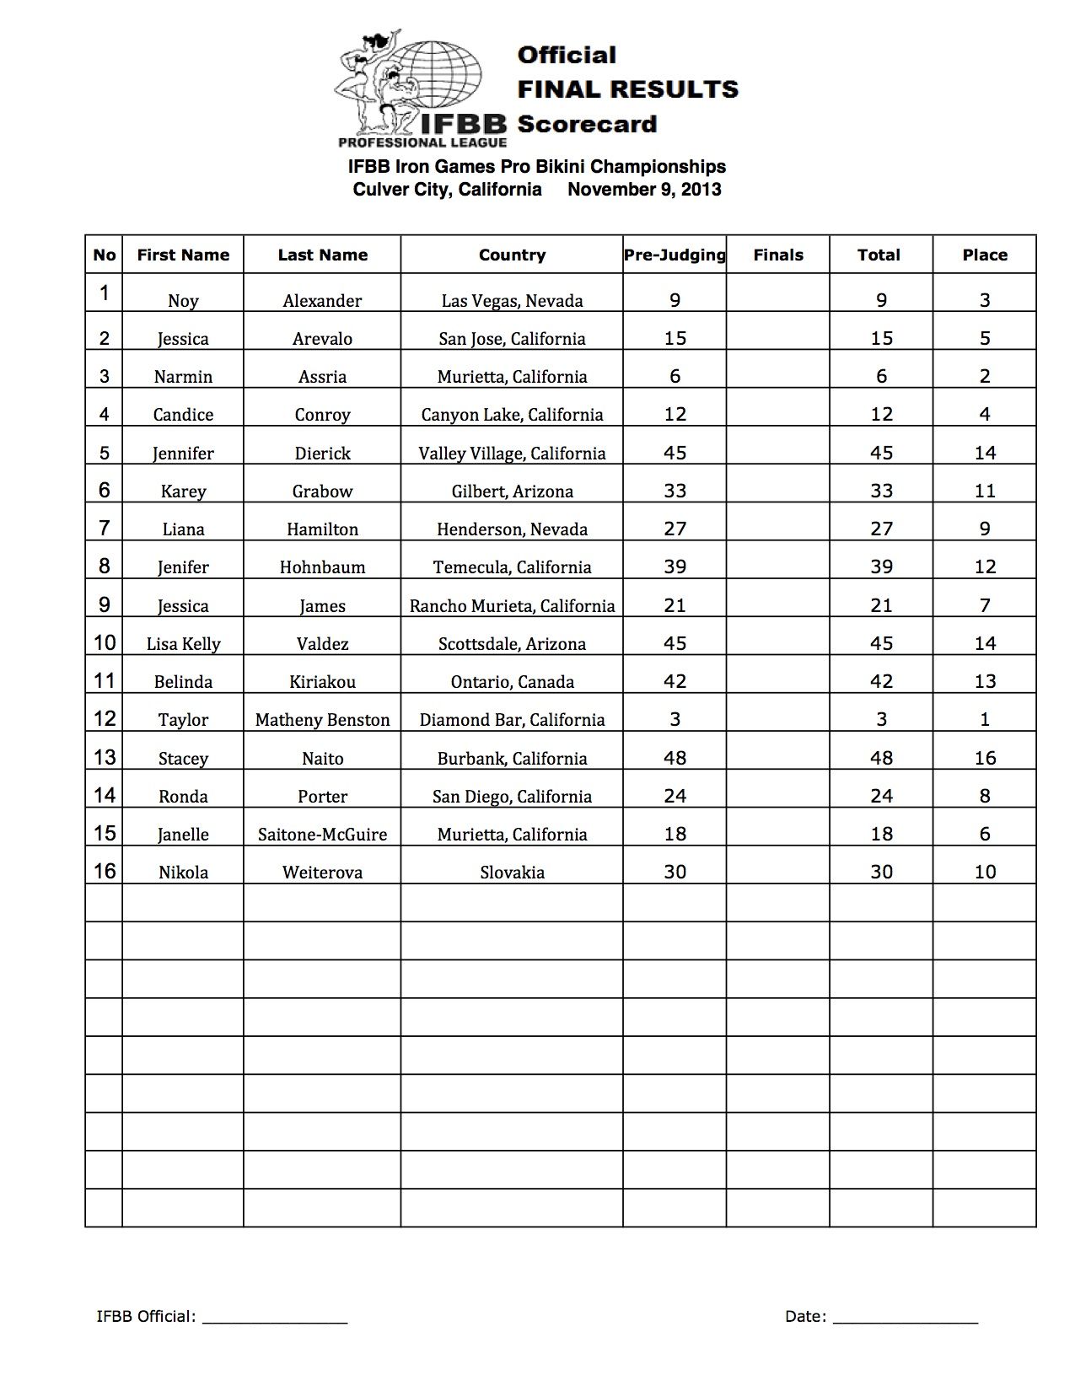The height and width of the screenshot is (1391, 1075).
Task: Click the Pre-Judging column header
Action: pyautogui.click(x=675, y=255)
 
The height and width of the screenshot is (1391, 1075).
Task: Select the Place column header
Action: pyautogui.click(x=985, y=255)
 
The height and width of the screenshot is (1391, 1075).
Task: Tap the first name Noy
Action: pyautogui.click(x=183, y=301)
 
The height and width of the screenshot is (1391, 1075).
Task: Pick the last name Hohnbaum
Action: pyautogui.click(x=322, y=567)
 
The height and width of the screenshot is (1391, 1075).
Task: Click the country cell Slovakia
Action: pyautogui.click(x=512, y=873)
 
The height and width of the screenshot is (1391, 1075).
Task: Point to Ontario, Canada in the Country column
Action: pyautogui.click(x=512, y=682)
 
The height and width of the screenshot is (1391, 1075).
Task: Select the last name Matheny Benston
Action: pyautogui.click(x=322, y=720)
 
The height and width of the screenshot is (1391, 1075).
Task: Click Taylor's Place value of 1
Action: pyautogui.click(x=985, y=720)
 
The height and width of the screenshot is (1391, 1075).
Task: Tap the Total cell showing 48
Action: pyautogui.click(x=881, y=758)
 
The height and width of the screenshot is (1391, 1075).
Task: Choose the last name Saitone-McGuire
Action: pyautogui.click(x=322, y=835)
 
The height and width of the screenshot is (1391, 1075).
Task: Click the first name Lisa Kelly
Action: pyautogui.click(x=183, y=644)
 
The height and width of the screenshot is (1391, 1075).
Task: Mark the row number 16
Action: pyautogui.click(x=105, y=871)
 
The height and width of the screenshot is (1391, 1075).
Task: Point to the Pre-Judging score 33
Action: pyautogui.click(x=675, y=491)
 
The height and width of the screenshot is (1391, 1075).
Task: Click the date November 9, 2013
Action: pyautogui.click(x=644, y=190)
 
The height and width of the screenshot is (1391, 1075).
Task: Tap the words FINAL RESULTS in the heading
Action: pyautogui.click(x=627, y=89)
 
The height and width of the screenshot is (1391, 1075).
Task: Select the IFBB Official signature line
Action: pyautogui.click(x=275, y=1317)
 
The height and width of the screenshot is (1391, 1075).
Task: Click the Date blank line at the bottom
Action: pyautogui.click(x=906, y=1317)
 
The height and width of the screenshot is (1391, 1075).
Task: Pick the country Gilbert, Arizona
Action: pyautogui.click(x=512, y=491)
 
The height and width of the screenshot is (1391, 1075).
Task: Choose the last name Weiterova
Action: pyautogui.click(x=322, y=873)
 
